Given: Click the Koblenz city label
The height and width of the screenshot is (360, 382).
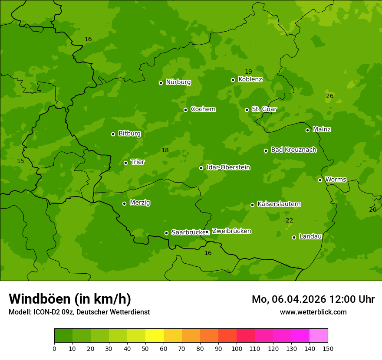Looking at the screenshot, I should tap(250, 79).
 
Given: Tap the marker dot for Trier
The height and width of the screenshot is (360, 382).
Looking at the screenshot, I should tap(126, 163).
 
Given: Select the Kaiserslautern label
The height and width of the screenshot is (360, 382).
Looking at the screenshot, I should tap(279, 204).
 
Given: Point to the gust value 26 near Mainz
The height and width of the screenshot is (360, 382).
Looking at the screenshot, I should tap(329, 96).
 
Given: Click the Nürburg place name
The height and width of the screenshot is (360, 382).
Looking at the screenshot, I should tap(178, 82).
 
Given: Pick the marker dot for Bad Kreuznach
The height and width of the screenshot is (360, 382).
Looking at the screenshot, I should tap(266, 151).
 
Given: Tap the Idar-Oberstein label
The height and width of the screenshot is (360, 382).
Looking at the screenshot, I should tap(228, 167).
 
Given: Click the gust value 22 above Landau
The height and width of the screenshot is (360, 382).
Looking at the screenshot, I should tap(289, 221).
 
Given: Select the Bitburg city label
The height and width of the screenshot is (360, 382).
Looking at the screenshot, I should tap(129, 134).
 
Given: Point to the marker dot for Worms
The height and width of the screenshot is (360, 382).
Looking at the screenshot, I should tap(320, 180).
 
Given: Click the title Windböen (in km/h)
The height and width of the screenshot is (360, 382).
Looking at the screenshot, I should tap(70, 299).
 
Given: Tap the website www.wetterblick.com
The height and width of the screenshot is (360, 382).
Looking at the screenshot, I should tap(313, 312).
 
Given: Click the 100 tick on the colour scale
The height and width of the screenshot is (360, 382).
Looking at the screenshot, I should tap(237, 348).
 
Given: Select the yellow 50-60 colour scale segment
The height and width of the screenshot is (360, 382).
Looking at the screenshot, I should tap(155, 336).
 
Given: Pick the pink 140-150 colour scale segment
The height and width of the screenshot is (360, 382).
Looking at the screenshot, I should tap(319, 336).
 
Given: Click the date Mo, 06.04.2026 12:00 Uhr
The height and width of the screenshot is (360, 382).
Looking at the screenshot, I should tap(313, 299).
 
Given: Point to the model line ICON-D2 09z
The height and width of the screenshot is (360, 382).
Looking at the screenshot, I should tap(79, 312).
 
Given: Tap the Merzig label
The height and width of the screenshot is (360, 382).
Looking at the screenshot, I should tap(140, 203).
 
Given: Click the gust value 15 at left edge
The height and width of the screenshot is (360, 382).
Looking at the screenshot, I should tap(20, 161).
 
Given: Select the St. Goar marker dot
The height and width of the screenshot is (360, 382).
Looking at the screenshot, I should tap(247, 110).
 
